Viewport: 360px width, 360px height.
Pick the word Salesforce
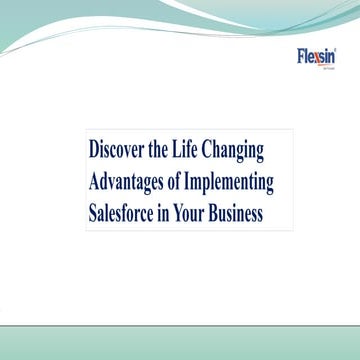[x=125, y=213]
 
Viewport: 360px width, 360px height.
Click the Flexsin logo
[x=320, y=56]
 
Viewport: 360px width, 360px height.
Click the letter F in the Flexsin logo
[x=302, y=56]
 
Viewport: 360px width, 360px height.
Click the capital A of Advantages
[x=93, y=183]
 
